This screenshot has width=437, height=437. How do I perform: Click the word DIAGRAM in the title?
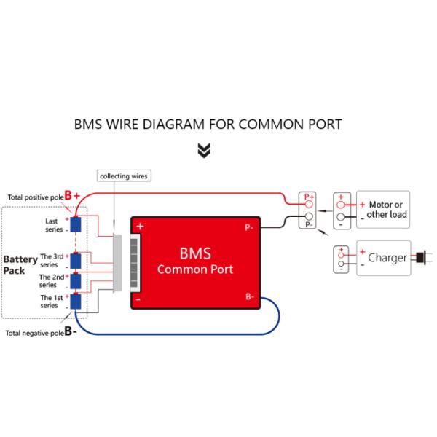click(175, 124)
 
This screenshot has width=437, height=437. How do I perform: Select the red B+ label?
click(72, 196)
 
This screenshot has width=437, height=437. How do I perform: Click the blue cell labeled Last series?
click(75, 224)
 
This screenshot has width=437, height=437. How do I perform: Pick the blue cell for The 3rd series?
click(75, 261)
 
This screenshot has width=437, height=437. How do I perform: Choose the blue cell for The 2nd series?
click(75, 280)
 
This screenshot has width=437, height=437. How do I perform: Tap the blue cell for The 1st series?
click(75, 301)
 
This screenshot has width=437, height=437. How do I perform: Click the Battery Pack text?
click(15, 265)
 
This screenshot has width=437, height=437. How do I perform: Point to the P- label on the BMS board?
click(249, 227)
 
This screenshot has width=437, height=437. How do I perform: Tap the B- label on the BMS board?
click(249, 296)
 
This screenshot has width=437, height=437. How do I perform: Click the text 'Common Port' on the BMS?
click(195, 269)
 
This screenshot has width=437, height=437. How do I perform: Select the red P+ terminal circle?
click(309, 205)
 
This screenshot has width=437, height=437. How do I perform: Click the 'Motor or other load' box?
click(382, 210)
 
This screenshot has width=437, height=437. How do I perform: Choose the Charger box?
click(383, 258)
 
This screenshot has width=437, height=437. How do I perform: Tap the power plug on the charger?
click(420, 257)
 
